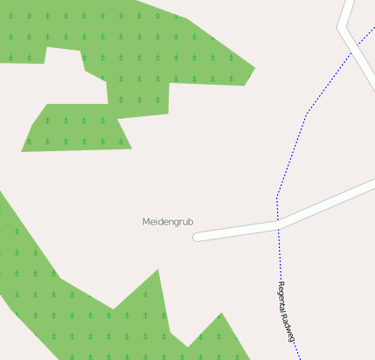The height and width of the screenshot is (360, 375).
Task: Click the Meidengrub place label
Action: (168, 222)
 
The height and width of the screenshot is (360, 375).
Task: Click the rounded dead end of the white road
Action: (198, 236)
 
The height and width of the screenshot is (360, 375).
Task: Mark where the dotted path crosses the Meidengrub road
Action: (278, 225)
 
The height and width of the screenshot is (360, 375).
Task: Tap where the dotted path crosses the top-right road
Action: (352, 51)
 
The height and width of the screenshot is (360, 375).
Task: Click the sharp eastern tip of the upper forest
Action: (254, 67)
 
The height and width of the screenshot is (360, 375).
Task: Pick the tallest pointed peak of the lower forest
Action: (158, 270)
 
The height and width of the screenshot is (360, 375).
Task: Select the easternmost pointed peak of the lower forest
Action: (221, 313)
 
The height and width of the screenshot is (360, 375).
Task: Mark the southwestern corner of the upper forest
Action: (23, 151)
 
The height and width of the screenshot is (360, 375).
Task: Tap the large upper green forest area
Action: (149, 44)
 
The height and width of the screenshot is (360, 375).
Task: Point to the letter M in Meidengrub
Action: (146, 222)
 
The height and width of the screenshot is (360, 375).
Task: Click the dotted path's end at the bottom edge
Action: (300, 358)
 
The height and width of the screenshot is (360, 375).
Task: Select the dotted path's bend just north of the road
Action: (277, 197)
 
